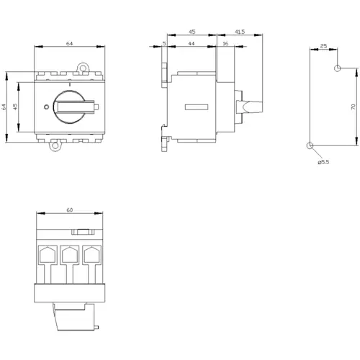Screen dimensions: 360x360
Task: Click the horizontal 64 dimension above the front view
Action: click(69, 45)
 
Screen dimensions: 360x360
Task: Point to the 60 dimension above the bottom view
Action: click(69, 211)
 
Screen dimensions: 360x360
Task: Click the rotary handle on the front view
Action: click(73, 106)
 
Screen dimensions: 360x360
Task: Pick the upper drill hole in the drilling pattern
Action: click(337, 68)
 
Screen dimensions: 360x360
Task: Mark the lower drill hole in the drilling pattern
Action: click(310, 145)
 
